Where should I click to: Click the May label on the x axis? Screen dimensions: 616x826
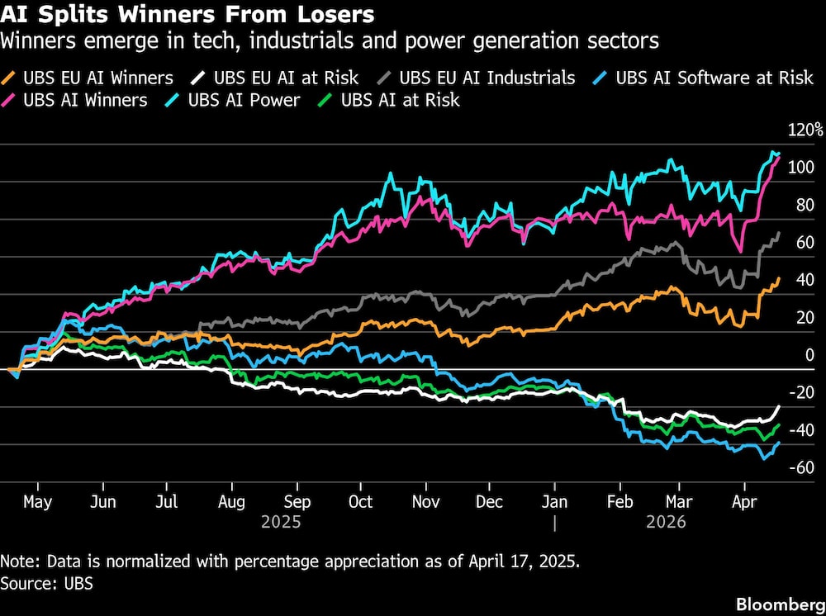[x=37, y=502]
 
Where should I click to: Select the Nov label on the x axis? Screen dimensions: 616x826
[x=425, y=502]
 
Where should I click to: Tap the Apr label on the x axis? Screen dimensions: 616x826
[x=746, y=502]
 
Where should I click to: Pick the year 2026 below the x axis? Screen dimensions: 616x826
[x=666, y=523]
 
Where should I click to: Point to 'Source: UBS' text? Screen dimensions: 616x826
[x=47, y=584]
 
